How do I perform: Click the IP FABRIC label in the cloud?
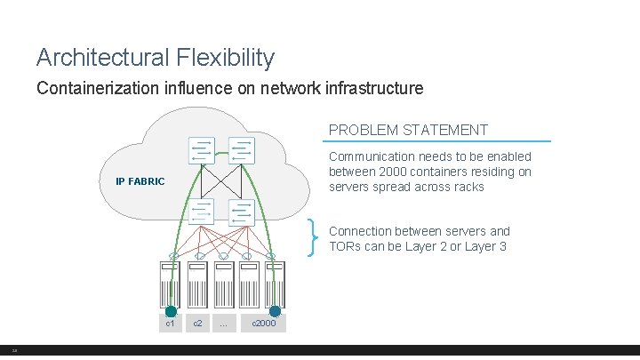[x=140, y=182]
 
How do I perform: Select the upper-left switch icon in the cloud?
[x=202, y=150]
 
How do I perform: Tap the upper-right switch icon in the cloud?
[x=241, y=150]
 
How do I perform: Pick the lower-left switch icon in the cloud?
[x=202, y=212]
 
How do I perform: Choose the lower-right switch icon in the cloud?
[x=241, y=212]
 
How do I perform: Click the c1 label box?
[x=171, y=324]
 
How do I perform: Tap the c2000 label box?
[x=264, y=324]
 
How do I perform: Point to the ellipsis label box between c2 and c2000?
[x=223, y=324]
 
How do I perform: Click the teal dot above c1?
[x=171, y=311]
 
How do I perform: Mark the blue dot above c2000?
[x=276, y=311]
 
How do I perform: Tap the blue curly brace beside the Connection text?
[x=314, y=237]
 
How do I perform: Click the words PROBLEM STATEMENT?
[x=408, y=130]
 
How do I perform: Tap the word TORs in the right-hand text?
[x=347, y=246]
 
